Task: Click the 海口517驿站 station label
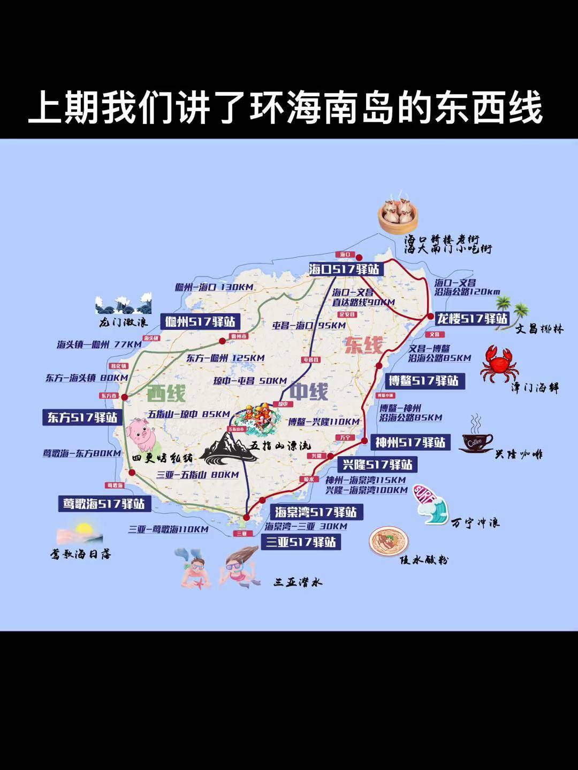pyautogui.click(x=344, y=268)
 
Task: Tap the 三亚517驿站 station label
pyautogui.click(x=301, y=542)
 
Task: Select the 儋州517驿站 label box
pyautogui.click(x=200, y=321)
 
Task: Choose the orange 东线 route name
pyautogui.click(x=363, y=345)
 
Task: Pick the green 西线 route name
pyautogui.click(x=166, y=394)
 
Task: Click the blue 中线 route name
pyautogui.click(x=308, y=391)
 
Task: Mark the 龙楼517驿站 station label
pyautogui.click(x=472, y=319)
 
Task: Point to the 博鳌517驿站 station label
pyautogui.click(x=423, y=381)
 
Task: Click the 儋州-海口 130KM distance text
pyautogui.click(x=214, y=287)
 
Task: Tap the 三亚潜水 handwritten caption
pyautogui.click(x=298, y=582)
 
